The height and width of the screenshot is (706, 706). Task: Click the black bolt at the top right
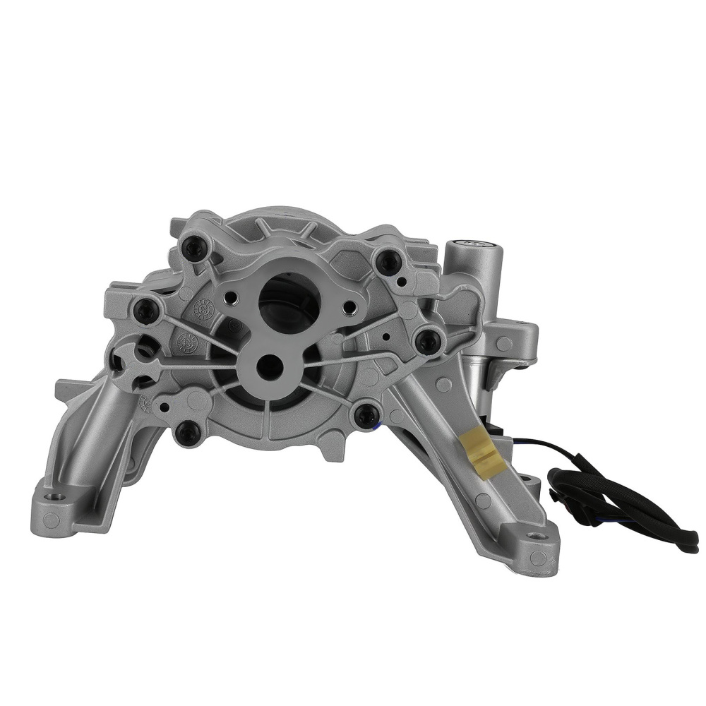(388, 262)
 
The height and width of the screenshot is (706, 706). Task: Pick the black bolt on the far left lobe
(146, 310)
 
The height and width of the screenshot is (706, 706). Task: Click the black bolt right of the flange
(428, 342)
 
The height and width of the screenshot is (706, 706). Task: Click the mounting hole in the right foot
(539, 537)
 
